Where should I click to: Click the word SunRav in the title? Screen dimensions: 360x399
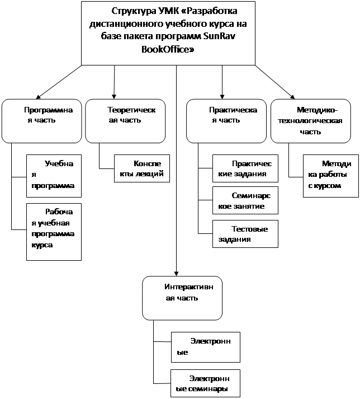point(219,36)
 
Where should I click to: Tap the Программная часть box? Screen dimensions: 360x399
point(42,121)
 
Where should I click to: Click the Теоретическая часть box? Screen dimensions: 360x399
point(125,121)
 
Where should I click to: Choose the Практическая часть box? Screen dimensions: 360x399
point(226,121)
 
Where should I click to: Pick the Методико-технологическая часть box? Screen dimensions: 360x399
point(311,121)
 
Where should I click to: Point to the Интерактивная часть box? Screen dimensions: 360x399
point(182,298)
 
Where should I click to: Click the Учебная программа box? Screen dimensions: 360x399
point(54,176)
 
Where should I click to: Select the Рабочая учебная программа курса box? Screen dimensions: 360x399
point(54,232)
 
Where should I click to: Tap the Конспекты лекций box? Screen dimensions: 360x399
point(142,168)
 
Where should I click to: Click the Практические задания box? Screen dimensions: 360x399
point(245,168)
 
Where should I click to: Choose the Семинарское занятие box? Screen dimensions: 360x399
point(245,200)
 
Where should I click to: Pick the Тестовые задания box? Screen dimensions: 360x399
point(245,234)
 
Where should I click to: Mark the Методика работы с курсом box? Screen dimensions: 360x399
point(331,176)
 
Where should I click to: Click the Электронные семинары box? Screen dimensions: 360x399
point(205,383)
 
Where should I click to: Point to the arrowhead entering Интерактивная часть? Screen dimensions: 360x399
point(176,274)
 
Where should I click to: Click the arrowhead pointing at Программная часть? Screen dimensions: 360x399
point(39,97)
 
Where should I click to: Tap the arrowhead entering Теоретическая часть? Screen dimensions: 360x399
point(114,97)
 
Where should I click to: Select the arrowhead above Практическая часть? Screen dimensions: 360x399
point(222,97)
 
